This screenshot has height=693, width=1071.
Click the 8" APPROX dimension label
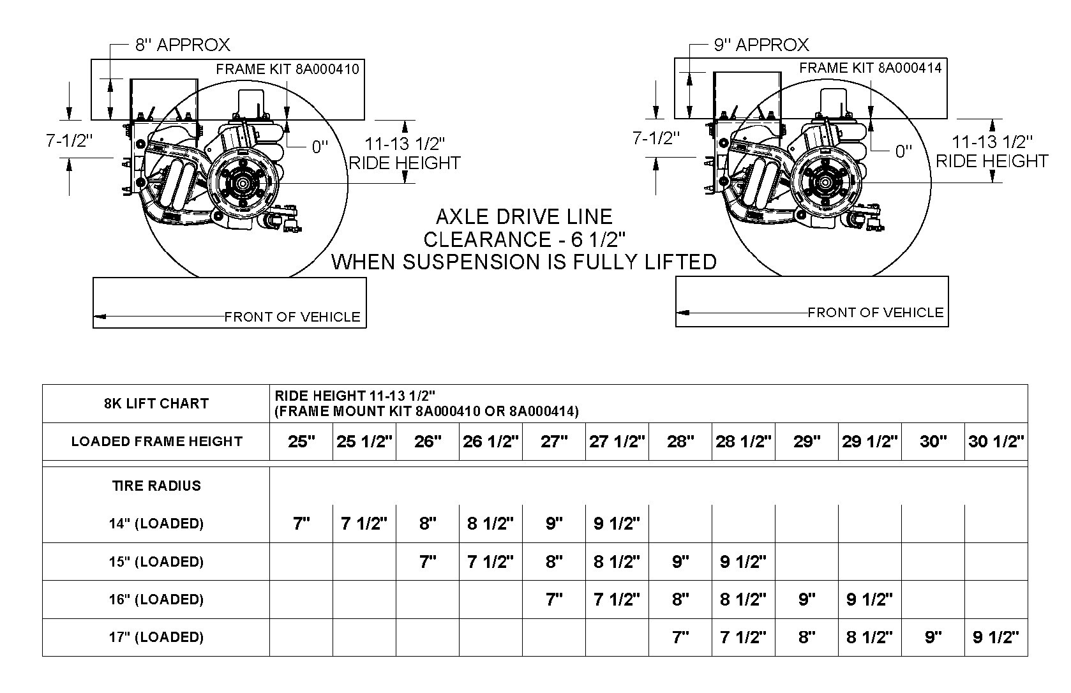[182, 45]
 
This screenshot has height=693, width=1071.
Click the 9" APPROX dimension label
[761, 45]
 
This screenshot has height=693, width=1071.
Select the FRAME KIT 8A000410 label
[287, 69]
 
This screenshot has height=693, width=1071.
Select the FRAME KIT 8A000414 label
[870, 68]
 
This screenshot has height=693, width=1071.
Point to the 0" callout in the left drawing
[319, 147]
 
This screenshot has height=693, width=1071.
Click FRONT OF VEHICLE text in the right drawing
[875, 313]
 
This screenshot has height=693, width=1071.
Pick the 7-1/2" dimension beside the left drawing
[70, 140]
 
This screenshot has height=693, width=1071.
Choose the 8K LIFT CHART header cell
[156, 403]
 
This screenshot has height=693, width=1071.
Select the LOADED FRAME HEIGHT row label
[156, 442]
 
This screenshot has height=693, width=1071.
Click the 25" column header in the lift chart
[301, 442]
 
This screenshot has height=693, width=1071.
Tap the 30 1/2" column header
[996, 442]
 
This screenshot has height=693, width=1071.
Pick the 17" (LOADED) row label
[156, 637]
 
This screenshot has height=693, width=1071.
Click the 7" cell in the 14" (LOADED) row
[301, 524]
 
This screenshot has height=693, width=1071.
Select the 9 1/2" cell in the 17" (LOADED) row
[996, 637]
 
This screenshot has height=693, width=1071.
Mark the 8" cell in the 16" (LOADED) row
[680, 599]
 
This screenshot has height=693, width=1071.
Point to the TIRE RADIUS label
[156, 486]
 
